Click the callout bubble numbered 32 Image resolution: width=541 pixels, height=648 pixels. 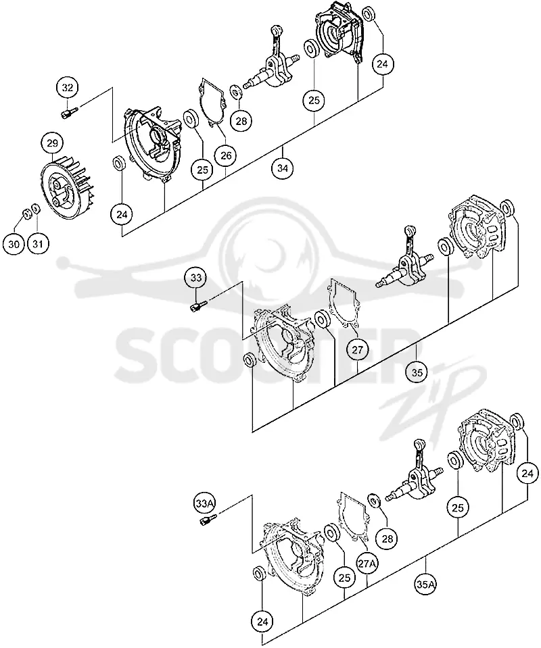pyautogui.click(x=68, y=88)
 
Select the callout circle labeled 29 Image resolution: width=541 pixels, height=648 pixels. pyautogui.click(x=52, y=144)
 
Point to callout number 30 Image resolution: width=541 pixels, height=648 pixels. pyautogui.click(x=14, y=244)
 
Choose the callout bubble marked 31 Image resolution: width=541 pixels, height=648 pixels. pyautogui.click(x=38, y=244)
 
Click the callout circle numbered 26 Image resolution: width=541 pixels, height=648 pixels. pyautogui.click(x=226, y=156)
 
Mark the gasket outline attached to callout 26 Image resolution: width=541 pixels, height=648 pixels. pyautogui.click(x=212, y=101)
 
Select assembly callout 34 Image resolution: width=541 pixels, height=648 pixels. pyautogui.click(x=283, y=169)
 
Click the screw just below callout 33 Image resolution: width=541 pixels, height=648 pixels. pyautogui.click(x=197, y=306)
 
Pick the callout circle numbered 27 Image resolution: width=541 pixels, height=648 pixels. pyautogui.click(x=357, y=350)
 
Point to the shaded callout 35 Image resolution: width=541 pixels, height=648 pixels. pyautogui.click(x=417, y=373)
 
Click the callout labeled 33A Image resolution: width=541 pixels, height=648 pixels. pyautogui.click(x=205, y=503)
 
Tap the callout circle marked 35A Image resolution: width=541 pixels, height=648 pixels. pyautogui.click(x=425, y=584)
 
